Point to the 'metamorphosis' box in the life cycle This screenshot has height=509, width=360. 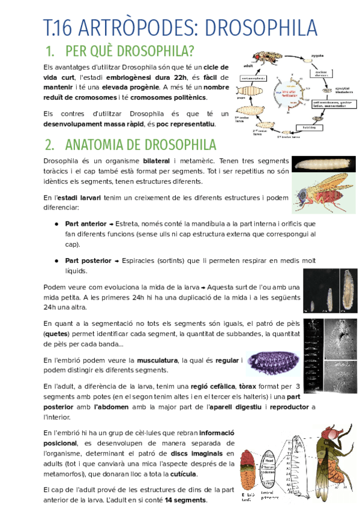click(x=252, y=78)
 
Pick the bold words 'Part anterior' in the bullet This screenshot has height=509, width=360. click(x=86, y=223)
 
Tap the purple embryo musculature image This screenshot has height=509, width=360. click(x=272, y=365)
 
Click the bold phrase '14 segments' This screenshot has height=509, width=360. click(x=185, y=500)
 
